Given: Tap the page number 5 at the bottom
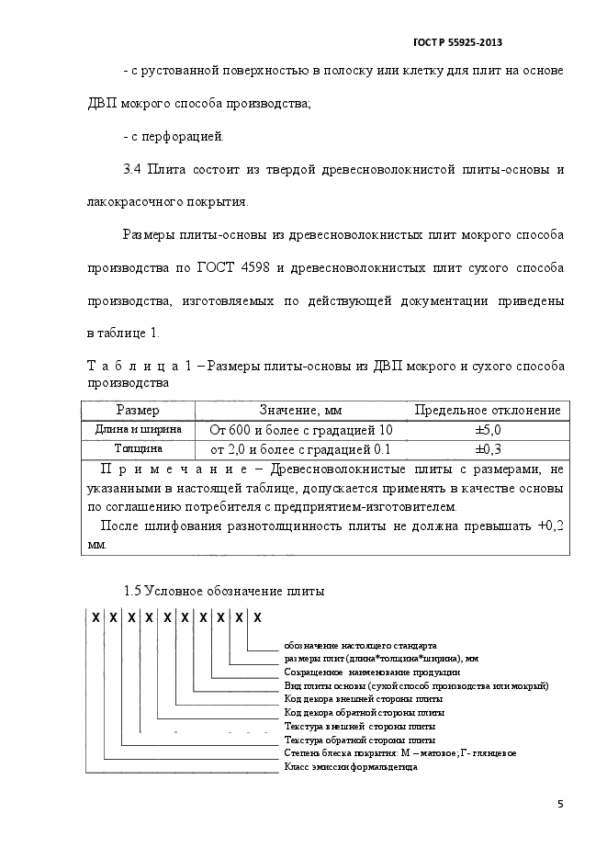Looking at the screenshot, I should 560,805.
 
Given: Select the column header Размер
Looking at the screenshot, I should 138,410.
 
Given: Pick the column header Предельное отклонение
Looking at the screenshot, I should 487,410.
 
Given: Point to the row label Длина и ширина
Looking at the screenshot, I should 139,429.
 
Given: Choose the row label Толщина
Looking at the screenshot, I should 139,449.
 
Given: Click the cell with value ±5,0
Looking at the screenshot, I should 487,430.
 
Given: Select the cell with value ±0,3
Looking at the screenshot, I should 487,450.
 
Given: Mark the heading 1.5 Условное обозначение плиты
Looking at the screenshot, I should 223,590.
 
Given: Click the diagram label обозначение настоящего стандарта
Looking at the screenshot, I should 360,645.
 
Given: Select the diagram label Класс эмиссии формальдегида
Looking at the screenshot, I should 351,766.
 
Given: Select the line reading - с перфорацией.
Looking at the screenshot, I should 173,137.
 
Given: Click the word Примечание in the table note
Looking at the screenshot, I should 174,469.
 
